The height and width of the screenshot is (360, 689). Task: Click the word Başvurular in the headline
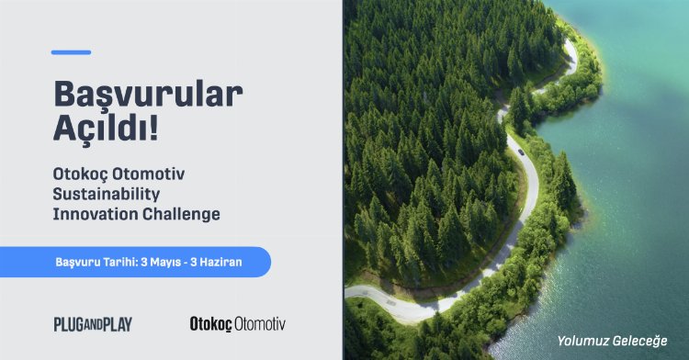tap(148, 95)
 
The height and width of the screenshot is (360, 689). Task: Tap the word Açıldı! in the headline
tap(106, 129)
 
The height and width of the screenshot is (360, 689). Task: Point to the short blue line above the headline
tap(71, 52)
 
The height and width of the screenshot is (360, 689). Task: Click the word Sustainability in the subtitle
tap(107, 194)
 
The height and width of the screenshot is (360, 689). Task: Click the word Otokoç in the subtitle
tap(80, 174)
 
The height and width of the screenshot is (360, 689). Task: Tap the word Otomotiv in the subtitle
tap(149, 174)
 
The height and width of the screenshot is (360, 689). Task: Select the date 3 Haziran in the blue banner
tap(216, 262)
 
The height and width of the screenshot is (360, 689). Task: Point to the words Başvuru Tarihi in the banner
tap(96, 262)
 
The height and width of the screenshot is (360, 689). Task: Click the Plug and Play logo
tap(93, 324)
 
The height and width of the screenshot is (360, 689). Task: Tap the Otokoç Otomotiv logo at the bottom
tap(238, 324)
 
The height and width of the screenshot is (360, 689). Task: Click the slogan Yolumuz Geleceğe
tap(612, 341)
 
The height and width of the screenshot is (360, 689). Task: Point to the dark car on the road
tap(521, 152)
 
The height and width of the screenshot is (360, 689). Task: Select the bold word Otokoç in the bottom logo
tap(211, 324)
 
